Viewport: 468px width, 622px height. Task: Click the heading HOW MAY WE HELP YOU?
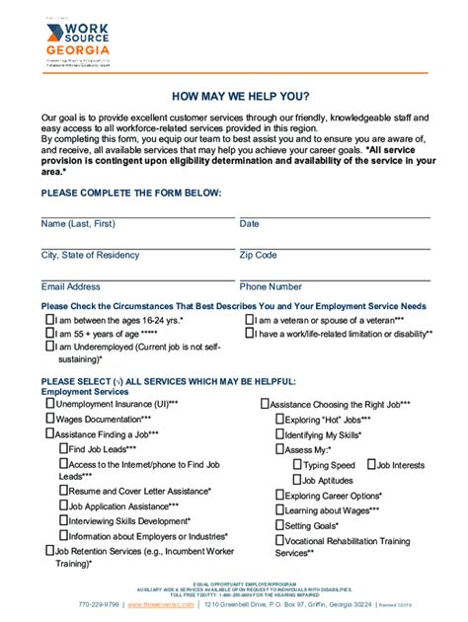point(234,97)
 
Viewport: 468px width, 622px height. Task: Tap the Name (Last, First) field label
point(85,224)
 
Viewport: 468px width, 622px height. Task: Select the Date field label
point(249,224)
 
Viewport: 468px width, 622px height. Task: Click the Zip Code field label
point(258,255)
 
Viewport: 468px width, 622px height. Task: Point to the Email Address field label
point(70,286)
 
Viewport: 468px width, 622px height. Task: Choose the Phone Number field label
point(271,286)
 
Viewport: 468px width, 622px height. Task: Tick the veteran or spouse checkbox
point(249,321)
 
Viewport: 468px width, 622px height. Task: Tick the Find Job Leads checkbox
point(63,448)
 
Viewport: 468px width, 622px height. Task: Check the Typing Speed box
point(298,464)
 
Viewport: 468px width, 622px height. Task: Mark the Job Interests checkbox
point(371,464)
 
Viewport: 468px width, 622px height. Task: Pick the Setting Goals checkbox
point(279,525)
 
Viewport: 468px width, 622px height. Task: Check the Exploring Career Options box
point(279,495)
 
